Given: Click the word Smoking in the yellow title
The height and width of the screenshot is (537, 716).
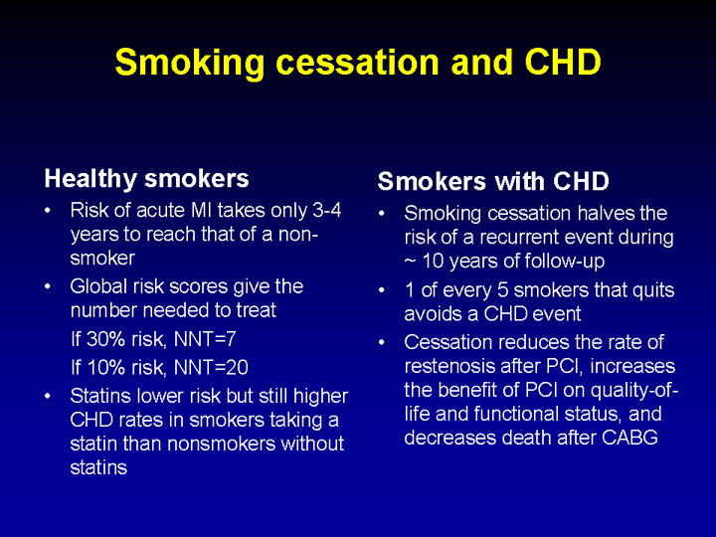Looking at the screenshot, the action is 190,63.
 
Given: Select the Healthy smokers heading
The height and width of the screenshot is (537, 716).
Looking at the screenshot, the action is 146,179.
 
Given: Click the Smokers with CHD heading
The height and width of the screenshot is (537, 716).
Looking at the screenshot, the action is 493,181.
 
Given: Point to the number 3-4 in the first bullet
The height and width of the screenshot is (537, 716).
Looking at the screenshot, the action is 326,211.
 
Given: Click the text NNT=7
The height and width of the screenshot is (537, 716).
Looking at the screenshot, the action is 205,339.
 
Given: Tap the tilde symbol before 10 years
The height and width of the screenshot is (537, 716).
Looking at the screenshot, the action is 410,262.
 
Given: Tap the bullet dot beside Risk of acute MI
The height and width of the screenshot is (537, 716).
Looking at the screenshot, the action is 48,211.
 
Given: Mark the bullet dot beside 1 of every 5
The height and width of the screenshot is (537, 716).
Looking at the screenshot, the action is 382,290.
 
